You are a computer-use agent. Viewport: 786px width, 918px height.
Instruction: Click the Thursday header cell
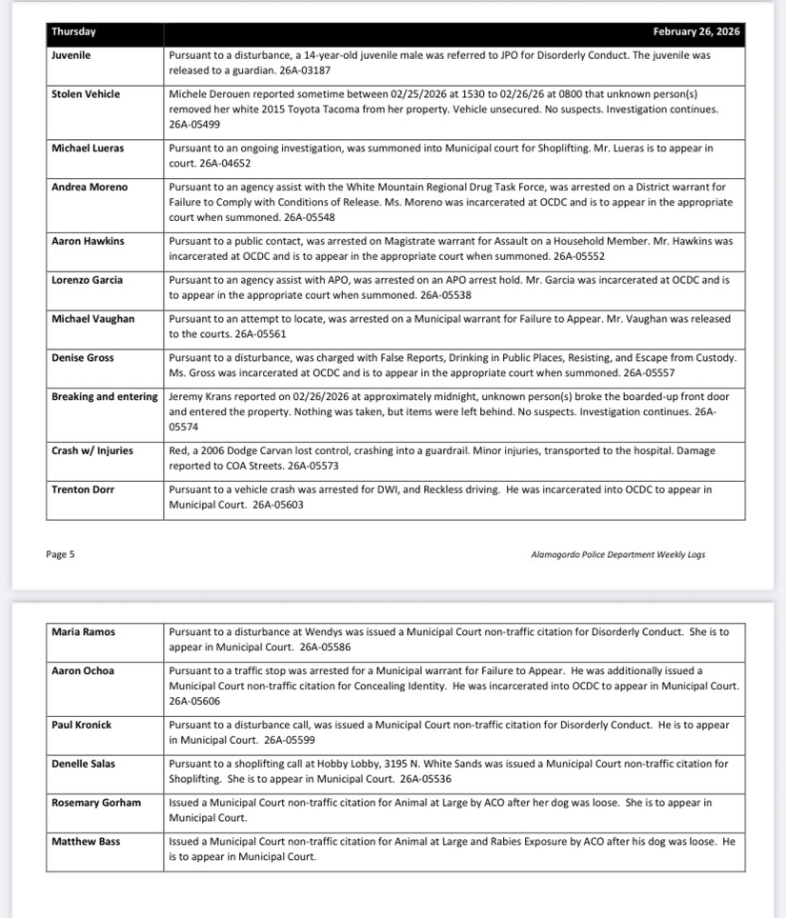point(73,31)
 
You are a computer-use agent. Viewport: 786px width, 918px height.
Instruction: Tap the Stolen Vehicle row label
point(86,94)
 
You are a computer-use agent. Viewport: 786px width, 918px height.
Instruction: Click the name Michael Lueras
point(88,149)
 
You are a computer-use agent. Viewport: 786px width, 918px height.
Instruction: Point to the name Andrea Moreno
point(89,188)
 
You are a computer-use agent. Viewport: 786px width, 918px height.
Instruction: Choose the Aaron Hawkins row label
point(88,241)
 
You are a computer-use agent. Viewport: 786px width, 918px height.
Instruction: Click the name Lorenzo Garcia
point(87,280)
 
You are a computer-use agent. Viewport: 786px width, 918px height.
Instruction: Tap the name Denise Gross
point(82,358)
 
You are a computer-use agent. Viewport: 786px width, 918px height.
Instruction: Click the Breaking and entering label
point(105,397)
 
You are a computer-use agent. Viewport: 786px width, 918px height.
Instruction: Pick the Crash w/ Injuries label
point(92,450)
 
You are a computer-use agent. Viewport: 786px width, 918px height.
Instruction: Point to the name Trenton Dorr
point(83,489)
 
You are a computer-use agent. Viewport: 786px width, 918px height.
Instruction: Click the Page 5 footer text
point(60,554)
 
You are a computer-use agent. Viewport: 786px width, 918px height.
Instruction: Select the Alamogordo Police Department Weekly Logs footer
point(617,554)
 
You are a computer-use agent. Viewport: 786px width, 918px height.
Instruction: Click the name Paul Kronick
point(81,725)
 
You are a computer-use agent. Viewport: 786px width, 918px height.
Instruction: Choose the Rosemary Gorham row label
point(96,803)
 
